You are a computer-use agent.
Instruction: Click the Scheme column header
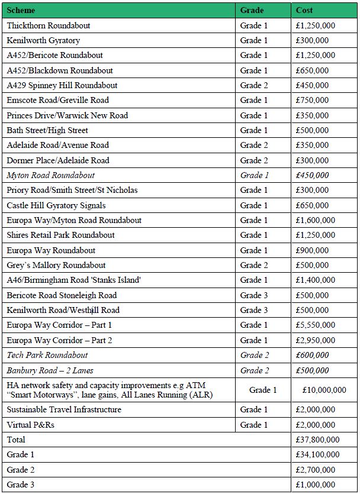click(x=21, y=10)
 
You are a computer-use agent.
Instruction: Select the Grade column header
click(x=252, y=10)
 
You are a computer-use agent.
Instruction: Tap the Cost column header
click(x=304, y=10)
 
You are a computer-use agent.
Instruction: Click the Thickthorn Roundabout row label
click(x=49, y=25)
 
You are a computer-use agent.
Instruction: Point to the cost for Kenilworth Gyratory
click(x=312, y=40)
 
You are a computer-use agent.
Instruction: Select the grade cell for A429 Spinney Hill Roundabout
click(x=254, y=85)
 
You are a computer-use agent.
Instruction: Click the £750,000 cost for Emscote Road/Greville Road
click(x=312, y=100)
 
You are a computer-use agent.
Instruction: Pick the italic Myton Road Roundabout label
click(x=51, y=175)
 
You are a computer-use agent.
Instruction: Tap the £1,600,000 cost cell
click(x=316, y=220)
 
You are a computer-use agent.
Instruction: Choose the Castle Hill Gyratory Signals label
click(x=56, y=205)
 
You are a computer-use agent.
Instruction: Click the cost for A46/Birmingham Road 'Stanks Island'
click(x=316, y=280)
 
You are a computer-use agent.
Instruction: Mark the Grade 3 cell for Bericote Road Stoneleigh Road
click(x=254, y=295)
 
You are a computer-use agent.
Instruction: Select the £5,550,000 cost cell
click(x=316, y=325)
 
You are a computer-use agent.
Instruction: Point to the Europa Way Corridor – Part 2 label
click(x=59, y=340)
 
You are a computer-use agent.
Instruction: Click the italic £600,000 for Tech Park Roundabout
click(x=312, y=355)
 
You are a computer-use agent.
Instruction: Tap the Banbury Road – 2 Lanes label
click(x=50, y=370)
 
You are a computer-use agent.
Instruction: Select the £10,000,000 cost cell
click(x=324, y=390)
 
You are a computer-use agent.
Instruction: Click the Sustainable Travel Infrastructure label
click(x=64, y=409)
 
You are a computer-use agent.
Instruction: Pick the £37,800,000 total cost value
click(x=318, y=440)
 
